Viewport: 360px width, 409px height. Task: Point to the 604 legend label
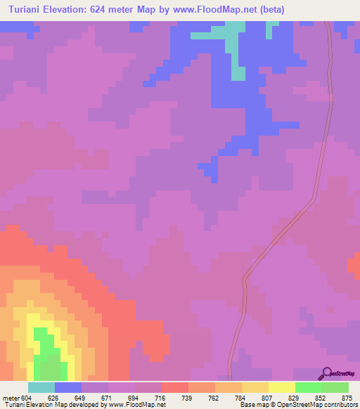(24, 398)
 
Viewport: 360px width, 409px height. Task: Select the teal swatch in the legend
(41, 387)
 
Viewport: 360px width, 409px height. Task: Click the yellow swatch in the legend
(281, 387)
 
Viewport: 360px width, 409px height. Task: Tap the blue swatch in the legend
(68, 387)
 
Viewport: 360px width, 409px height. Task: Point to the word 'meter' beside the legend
(8, 398)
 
